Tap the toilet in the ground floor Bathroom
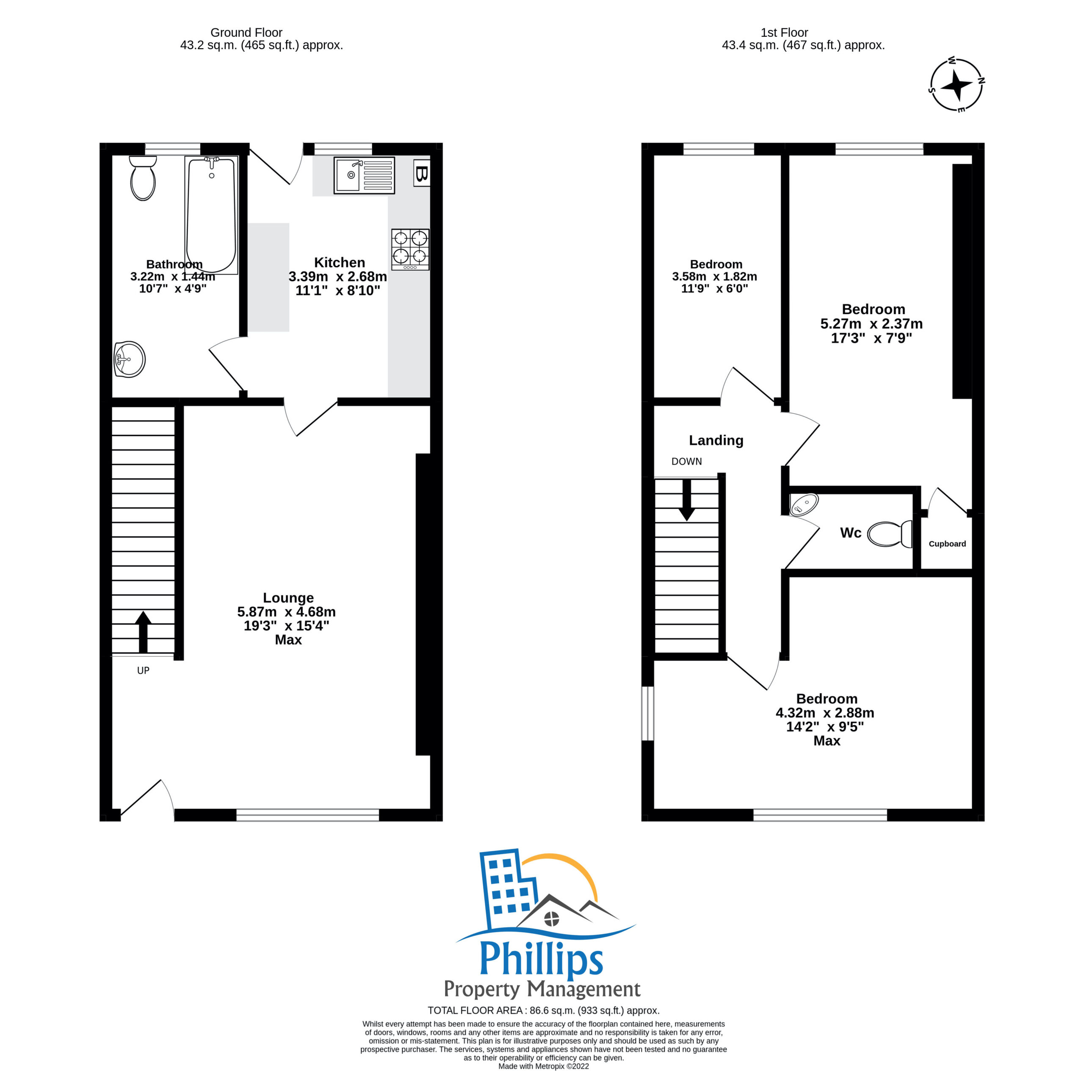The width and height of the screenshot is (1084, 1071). [x=143, y=178]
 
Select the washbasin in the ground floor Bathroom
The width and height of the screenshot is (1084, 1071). [x=130, y=359]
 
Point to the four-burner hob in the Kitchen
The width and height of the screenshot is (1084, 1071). [x=410, y=249]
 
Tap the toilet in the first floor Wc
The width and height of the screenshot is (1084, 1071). [x=890, y=534]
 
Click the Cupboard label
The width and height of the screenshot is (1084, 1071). [x=947, y=544]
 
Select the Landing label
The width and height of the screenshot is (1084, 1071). [x=716, y=440]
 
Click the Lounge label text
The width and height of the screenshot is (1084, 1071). [x=288, y=598]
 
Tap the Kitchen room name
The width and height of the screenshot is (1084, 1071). [x=340, y=263]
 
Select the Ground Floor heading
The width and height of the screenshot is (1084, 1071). [x=246, y=33]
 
